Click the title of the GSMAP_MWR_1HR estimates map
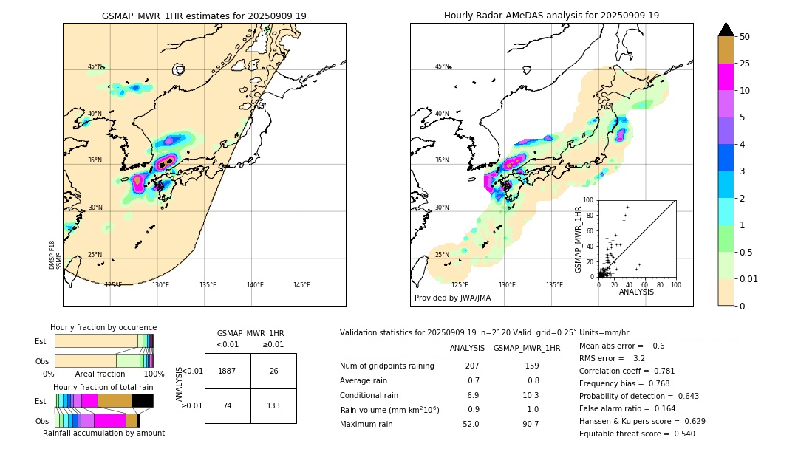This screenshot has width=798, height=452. pyautogui.click(x=204, y=16)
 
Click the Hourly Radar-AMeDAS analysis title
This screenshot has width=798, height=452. pyautogui.click(x=551, y=16)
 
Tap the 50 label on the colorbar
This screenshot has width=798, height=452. pyautogui.click(x=745, y=36)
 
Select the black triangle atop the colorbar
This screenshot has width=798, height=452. pyautogui.click(x=726, y=30)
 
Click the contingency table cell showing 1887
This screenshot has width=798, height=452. pyautogui.click(x=228, y=371)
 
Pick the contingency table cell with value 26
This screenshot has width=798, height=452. pyautogui.click(x=273, y=371)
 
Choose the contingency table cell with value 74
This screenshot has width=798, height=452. pyautogui.click(x=228, y=405)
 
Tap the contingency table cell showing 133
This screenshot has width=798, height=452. pyautogui.click(x=273, y=405)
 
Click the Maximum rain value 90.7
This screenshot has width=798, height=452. pyautogui.click(x=531, y=424)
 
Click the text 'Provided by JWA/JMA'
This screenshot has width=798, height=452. pyautogui.click(x=452, y=298)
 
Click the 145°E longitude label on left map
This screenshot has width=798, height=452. pyautogui.click(x=301, y=285)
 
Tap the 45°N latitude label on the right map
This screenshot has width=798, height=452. pyautogui.click(x=442, y=66)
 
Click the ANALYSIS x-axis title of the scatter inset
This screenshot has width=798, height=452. pyautogui.click(x=637, y=292)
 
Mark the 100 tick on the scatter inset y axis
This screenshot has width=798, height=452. pyautogui.click(x=589, y=200)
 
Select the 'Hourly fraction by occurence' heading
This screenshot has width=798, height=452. pyautogui.click(x=103, y=327)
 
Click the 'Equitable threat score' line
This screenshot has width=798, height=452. pyautogui.click(x=637, y=434)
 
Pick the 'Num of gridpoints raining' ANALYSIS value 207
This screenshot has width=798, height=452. pyautogui.click(x=472, y=366)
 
